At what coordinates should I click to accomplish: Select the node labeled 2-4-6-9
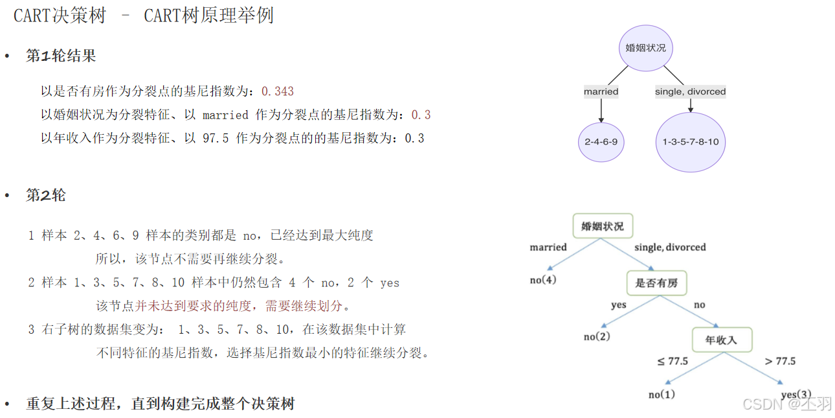(x=601, y=141)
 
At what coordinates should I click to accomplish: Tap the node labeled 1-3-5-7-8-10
(x=690, y=142)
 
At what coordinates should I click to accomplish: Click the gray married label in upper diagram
(x=601, y=91)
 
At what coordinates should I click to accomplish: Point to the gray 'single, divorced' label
(x=690, y=91)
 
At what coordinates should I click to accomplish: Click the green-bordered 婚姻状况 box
(x=603, y=226)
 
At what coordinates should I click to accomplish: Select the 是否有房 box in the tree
(x=656, y=283)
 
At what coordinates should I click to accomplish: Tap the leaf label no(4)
(x=542, y=279)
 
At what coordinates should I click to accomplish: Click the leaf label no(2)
(x=597, y=336)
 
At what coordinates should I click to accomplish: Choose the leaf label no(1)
(x=662, y=394)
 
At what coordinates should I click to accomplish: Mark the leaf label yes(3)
(x=796, y=394)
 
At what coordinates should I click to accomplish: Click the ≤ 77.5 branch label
(x=673, y=361)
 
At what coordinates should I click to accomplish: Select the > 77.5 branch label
(x=780, y=361)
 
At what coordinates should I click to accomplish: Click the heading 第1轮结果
(x=61, y=56)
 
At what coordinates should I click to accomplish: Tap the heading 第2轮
(x=46, y=195)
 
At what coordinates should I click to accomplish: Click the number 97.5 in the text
(x=216, y=138)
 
